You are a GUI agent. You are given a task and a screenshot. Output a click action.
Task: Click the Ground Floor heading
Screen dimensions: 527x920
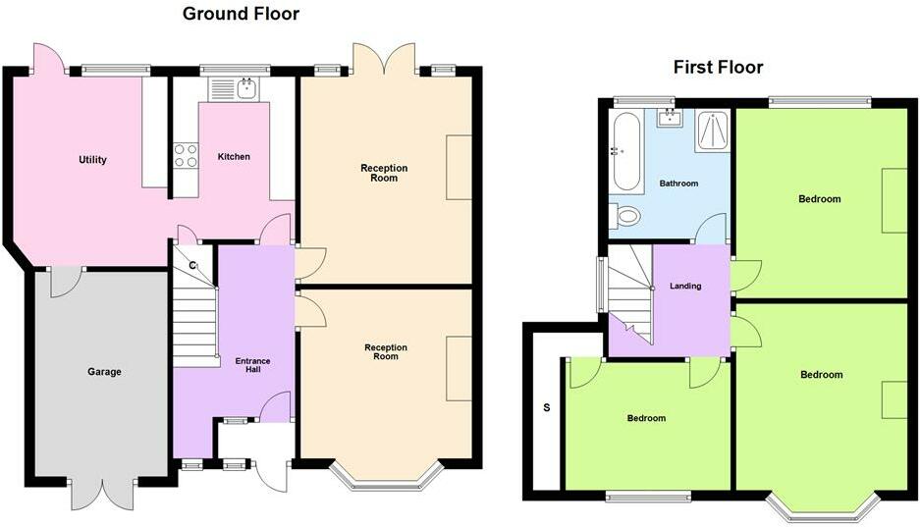pos(241,14)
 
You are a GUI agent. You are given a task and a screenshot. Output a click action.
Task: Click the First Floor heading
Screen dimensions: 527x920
pos(718,67)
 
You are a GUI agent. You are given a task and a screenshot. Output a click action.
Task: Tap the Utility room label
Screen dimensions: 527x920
pos(93,160)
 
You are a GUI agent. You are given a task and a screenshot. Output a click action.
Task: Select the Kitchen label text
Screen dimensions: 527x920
pos(234,157)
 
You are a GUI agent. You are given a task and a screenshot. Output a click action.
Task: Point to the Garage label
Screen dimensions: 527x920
pos(104,372)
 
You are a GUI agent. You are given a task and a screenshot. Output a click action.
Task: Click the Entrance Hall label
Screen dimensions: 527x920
pos(252,367)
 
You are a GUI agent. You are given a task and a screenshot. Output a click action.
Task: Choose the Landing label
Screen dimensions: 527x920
pos(685,287)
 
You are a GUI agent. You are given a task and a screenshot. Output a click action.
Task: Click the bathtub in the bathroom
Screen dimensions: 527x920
pos(625,151)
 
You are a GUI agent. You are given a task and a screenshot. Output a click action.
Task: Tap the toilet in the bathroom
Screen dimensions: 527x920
pos(626,215)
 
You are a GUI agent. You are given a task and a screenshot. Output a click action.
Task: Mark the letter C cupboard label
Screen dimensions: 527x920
pos(193,266)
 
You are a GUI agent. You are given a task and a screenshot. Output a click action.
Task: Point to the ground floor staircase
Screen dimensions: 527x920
pos(194,319)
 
